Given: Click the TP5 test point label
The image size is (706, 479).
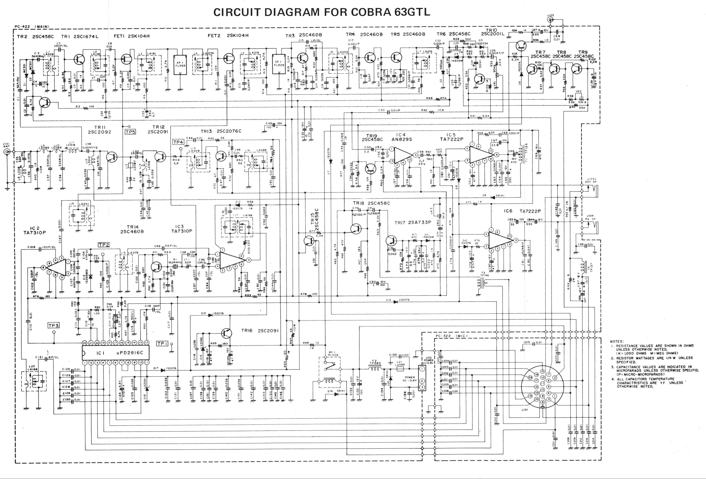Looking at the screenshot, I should click(x=130, y=132).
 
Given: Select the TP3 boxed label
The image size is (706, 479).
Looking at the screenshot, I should click(x=54, y=325).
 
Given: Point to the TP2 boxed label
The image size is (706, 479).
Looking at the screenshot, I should click(x=104, y=245).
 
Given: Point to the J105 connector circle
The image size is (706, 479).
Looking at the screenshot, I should click(x=550, y=20).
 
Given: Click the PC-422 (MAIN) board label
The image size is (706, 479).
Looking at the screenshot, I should click(x=31, y=27).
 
